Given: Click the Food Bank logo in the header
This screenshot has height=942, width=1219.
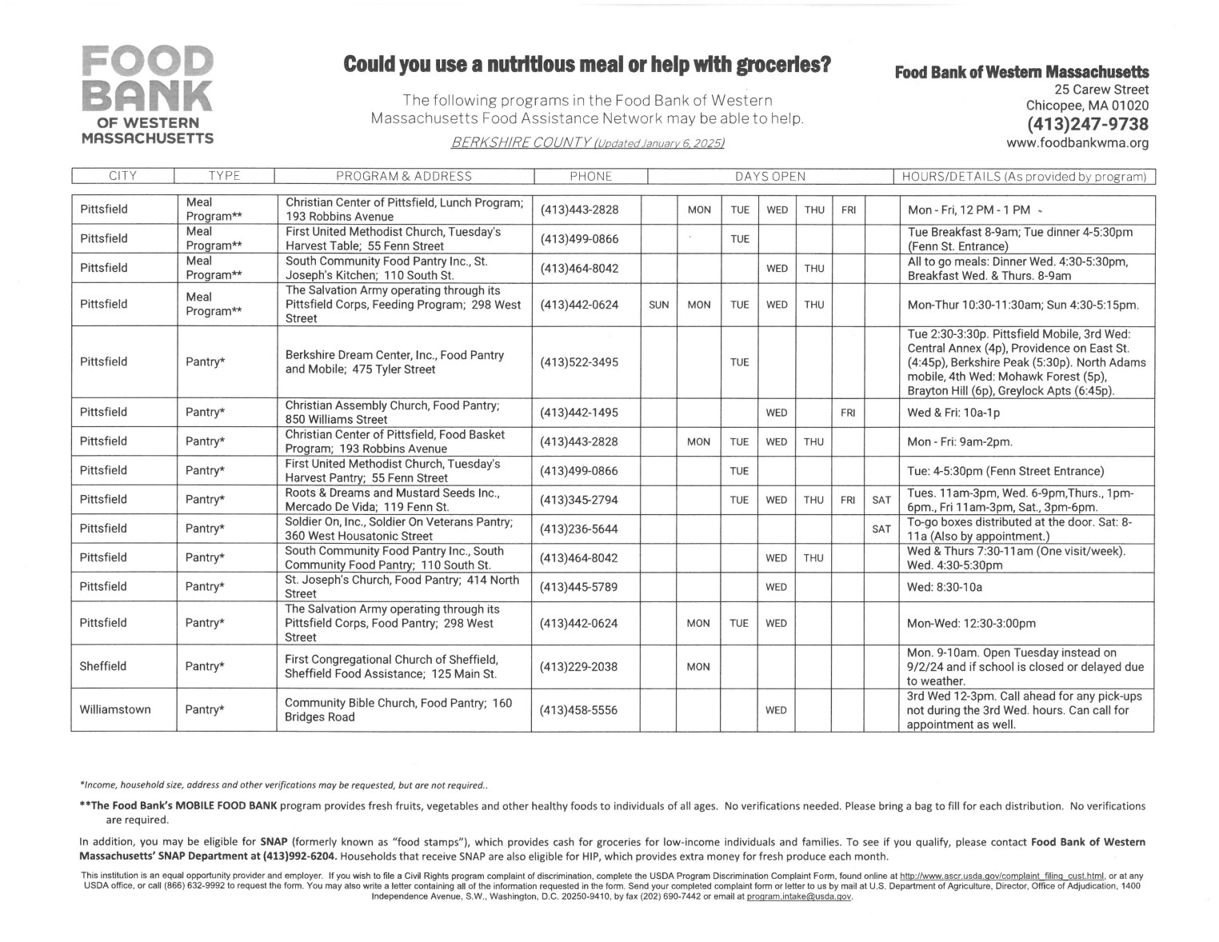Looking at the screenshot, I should tap(147, 94).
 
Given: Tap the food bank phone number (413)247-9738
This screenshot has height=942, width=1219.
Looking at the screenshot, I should tap(1088, 124).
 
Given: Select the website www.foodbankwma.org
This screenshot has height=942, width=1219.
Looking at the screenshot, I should tap(1077, 143).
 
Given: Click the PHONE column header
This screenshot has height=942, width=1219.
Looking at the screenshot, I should tap(590, 176).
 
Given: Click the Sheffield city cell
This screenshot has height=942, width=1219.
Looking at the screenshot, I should tap(102, 666).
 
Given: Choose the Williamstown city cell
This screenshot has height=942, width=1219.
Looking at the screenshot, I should tap(115, 709).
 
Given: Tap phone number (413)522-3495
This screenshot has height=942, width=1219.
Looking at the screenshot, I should tap(579, 362).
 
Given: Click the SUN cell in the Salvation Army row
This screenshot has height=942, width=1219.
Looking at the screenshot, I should tap(658, 305).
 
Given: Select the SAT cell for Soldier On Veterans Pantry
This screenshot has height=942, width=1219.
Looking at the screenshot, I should tap(881, 529).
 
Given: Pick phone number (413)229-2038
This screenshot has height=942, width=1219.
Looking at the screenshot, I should tap(579, 666).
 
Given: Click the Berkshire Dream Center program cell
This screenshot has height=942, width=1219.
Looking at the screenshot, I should tap(395, 362).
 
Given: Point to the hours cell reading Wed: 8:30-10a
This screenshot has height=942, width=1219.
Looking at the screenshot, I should tap(945, 587).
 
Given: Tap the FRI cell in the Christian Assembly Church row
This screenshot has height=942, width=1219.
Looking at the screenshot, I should tap(848, 413).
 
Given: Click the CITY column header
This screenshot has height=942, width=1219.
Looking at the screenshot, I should tap(123, 176).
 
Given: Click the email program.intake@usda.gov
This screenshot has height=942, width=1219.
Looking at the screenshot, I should tap(797, 896).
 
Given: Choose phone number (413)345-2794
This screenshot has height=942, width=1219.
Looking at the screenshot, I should tap(579, 500).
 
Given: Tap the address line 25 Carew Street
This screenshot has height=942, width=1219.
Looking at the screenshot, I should tap(1101, 90).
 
